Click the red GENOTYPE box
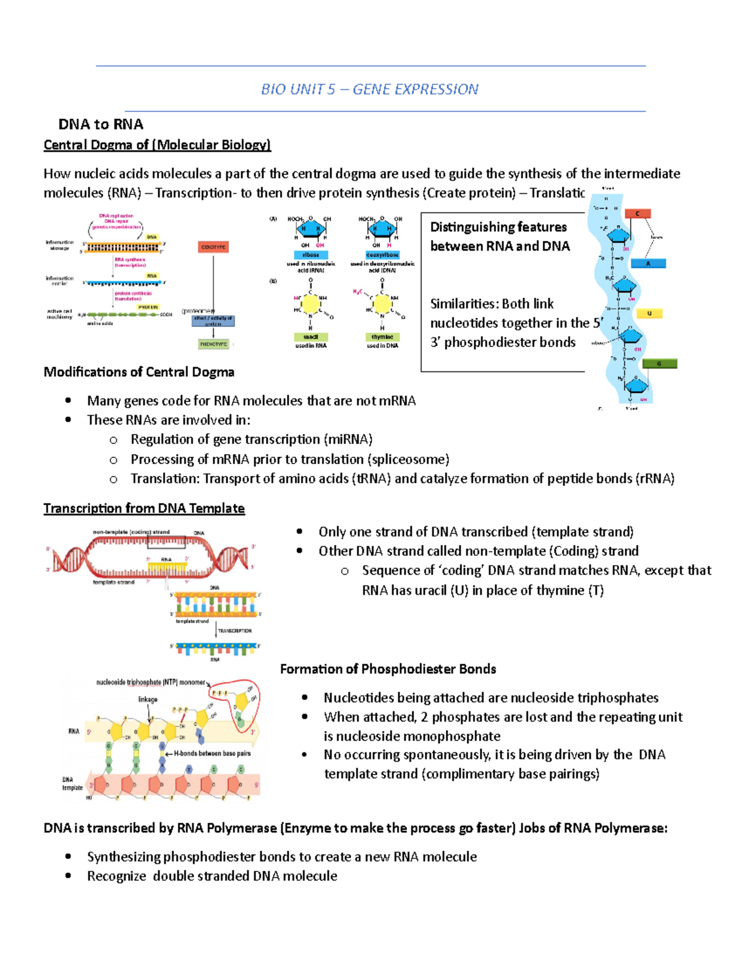213,247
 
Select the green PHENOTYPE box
213,344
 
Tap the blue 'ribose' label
310,255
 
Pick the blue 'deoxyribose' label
382,255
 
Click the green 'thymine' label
382,337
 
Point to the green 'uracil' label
310,337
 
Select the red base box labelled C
638,213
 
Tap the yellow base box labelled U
649,314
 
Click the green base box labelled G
659,364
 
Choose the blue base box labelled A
648,264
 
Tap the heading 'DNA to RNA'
101,124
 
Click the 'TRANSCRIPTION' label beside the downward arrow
235,631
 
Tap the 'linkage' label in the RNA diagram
148,699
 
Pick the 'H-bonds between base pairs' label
212,754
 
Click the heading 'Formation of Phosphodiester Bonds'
388,669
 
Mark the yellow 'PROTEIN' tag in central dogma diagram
148,307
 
